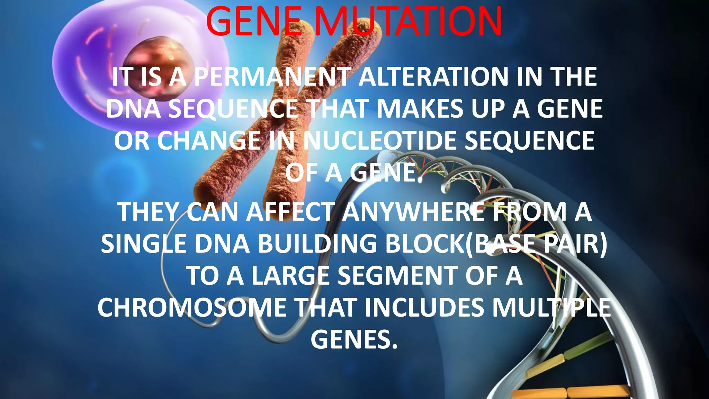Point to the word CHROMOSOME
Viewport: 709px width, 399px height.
(192, 308)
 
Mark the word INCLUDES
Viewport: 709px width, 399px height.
(424, 308)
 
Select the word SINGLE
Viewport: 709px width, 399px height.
(143, 244)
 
